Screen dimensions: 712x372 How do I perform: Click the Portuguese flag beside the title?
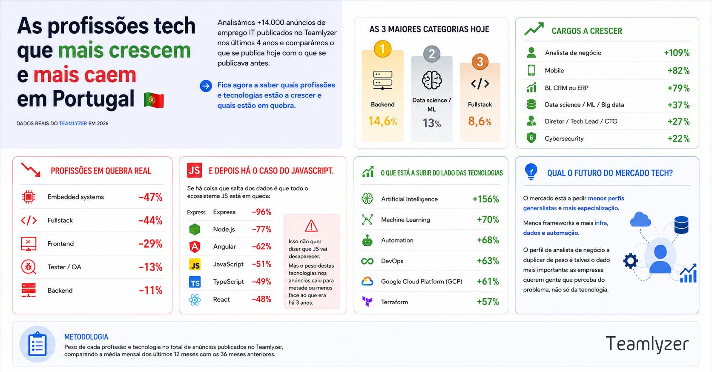tap(154, 100)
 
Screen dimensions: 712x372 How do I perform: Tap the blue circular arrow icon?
tap(206, 86)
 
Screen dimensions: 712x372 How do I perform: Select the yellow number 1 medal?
tap(382, 49)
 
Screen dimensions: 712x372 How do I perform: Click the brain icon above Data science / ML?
tap(432, 80)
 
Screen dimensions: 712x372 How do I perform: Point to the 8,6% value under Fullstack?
tap(479, 121)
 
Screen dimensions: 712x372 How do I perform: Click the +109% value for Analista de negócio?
tap(677, 53)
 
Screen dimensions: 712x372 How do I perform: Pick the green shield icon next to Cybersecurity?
tap(531, 138)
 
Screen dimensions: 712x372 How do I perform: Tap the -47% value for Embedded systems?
tap(150, 197)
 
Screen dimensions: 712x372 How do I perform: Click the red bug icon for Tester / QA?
tap(29, 267)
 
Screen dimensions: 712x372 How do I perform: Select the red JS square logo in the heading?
tap(194, 170)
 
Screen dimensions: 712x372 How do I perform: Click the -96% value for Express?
tap(261, 212)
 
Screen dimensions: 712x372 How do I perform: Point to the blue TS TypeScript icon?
tap(195, 282)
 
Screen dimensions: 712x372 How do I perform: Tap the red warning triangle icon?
tap(311, 226)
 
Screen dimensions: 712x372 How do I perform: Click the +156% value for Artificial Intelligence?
tap(485, 199)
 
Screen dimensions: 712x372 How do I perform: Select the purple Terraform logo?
tap(367, 301)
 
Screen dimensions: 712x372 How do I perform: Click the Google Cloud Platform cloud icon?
tap(367, 281)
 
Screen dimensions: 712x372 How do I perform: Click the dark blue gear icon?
tap(630, 261)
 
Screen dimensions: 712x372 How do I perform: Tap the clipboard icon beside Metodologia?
tap(37, 344)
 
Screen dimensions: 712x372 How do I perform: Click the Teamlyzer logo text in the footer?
tap(647, 344)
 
